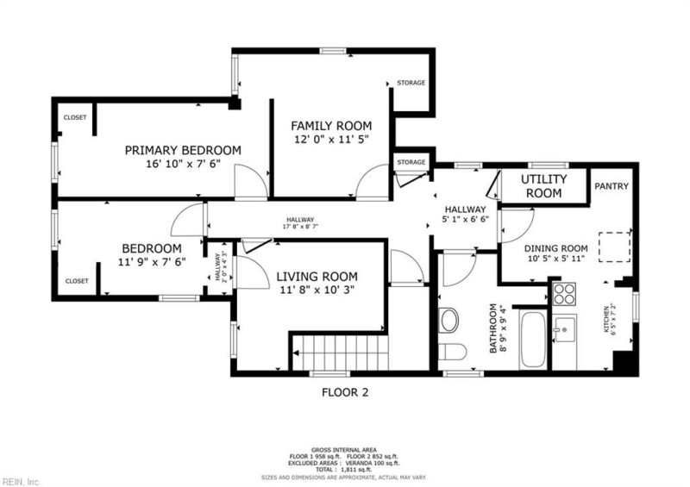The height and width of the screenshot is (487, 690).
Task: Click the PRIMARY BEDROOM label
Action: pyautogui.click(x=183, y=150)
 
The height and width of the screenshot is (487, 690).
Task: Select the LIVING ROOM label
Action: pyautogui.click(x=315, y=277)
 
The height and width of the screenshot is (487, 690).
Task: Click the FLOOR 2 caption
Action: pyautogui.click(x=344, y=392)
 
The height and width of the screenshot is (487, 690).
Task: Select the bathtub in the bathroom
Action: pyautogui.click(x=531, y=341)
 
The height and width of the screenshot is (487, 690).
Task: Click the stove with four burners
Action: pyautogui.click(x=564, y=293)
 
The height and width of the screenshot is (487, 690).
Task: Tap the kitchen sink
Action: pyautogui.click(x=565, y=328)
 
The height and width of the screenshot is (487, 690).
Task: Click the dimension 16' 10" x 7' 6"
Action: pyautogui.click(x=183, y=164)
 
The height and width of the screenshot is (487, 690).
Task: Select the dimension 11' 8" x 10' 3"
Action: pyautogui.click(x=315, y=290)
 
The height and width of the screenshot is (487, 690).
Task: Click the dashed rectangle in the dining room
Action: pyautogui.click(x=616, y=247)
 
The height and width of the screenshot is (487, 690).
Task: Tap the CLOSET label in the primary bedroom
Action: pyautogui.click(x=75, y=117)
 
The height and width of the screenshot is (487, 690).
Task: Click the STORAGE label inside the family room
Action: pyautogui.click(x=411, y=83)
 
